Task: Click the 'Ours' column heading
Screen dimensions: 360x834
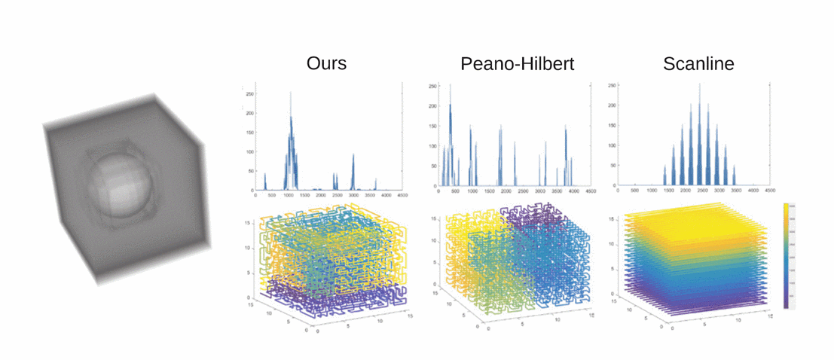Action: coord(326,63)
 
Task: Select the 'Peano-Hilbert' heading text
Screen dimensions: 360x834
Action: coord(517,63)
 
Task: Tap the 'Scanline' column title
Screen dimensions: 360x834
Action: coord(698,63)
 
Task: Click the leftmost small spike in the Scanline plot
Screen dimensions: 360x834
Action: coord(665,170)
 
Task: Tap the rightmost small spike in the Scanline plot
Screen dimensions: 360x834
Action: coord(735,170)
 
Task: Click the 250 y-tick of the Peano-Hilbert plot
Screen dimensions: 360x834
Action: coord(432,86)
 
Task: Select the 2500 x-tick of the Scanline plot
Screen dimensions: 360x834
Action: coord(701,192)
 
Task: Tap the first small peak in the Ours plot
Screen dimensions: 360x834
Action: coord(265,178)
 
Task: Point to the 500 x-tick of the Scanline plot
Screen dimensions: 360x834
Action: coord(634,192)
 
